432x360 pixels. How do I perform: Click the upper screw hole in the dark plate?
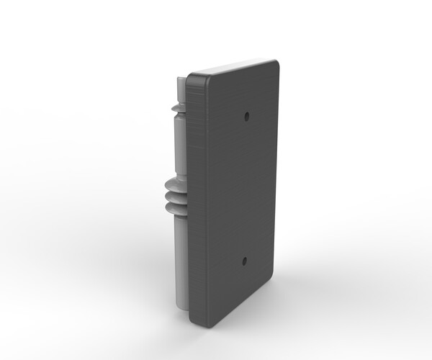coord(247,114)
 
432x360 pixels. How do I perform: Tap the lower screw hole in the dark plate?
coord(244,261)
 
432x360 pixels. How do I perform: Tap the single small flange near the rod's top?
coord(177,109)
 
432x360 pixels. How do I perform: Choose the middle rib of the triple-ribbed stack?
coord(173,196)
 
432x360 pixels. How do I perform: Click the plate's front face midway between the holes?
coord(241,187)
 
